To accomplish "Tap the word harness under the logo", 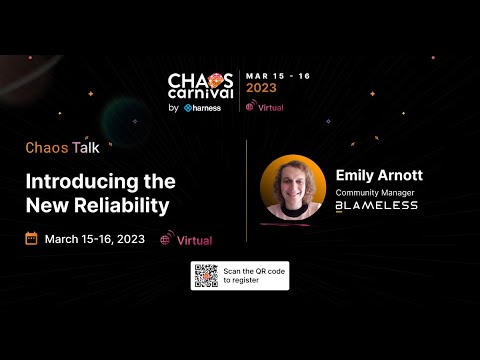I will click(x=209, y=107).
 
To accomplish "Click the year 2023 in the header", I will click(x=262, y=87).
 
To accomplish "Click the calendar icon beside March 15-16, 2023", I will click(x=31, y=239).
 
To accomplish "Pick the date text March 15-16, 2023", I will click(x=94, y=239).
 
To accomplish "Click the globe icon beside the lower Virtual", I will click(x=165, y=240).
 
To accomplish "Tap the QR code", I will click(x=206, y=275).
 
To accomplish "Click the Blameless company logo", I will click(x=376, y=206).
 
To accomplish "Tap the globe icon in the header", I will click(x=250, y=105).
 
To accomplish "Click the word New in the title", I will click(x=47, y=206).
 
